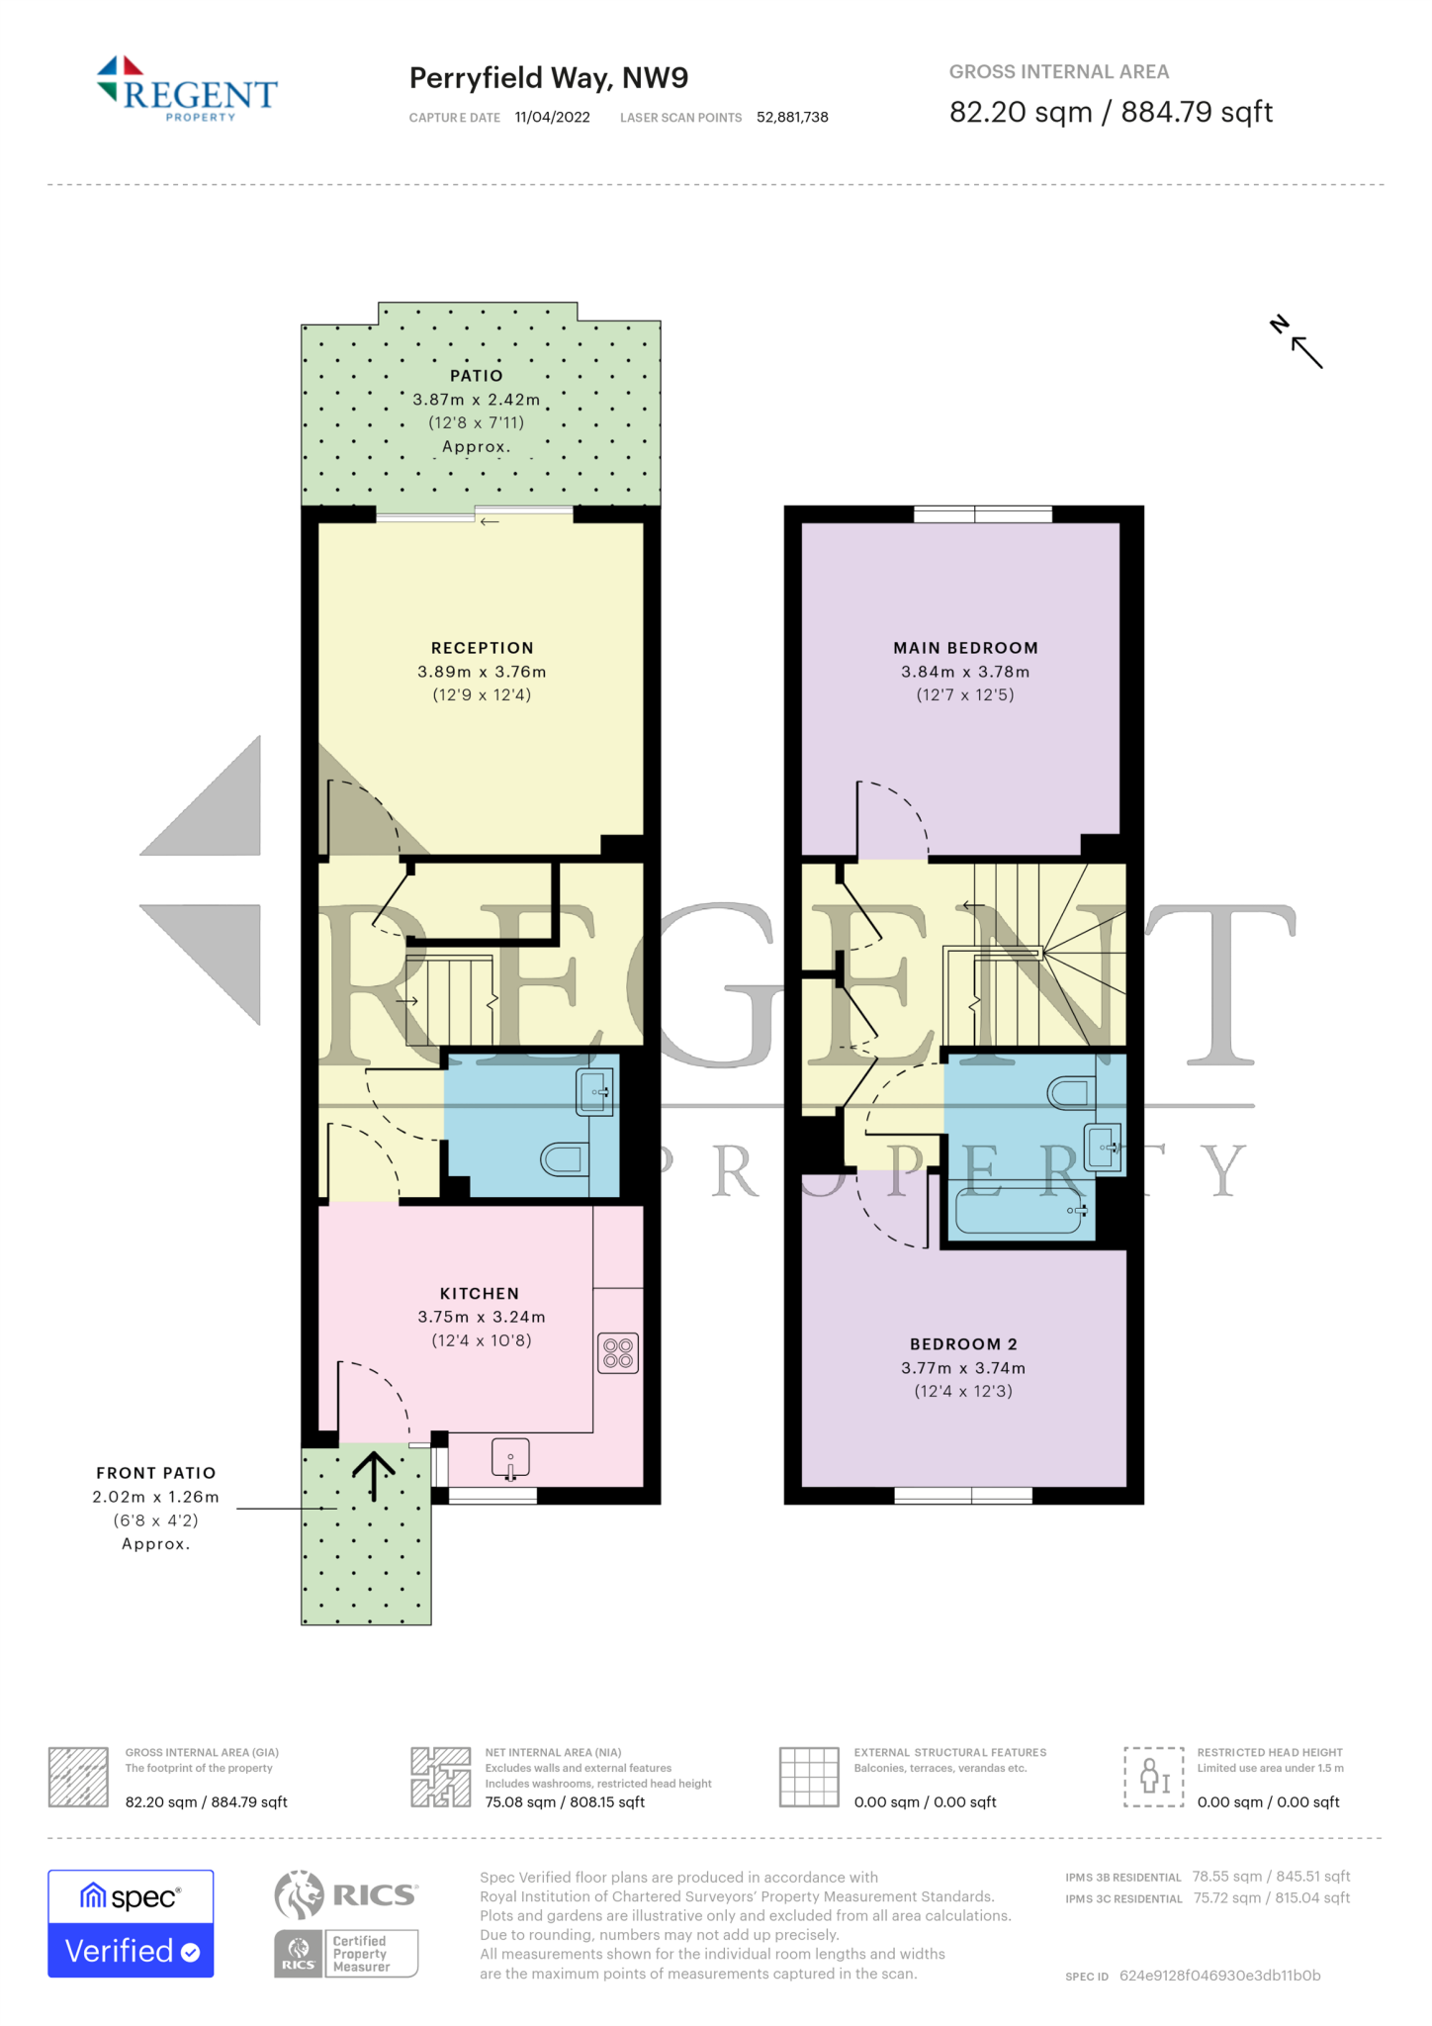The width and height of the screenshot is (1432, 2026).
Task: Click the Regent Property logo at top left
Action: (187, 90)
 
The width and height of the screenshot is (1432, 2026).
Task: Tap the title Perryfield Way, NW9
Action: (548, 78)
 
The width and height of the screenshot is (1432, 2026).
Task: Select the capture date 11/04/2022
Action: (552, 118)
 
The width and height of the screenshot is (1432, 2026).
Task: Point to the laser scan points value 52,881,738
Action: (792, 118)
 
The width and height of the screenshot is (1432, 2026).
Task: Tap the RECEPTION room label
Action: (482, 648)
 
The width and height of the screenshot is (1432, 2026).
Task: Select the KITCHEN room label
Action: (480, 1294)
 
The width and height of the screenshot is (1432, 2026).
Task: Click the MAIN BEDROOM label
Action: (965, 648)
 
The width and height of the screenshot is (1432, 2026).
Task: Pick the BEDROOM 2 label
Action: (963, 1344)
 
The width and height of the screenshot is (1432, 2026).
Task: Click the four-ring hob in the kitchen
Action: (618, 1353)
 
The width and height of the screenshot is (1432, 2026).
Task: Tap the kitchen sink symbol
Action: (510, 1458)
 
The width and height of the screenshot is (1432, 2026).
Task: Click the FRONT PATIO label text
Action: (156, 1473)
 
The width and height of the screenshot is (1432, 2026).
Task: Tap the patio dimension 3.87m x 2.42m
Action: (477, 400)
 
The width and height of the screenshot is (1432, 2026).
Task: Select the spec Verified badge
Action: (131, 1923)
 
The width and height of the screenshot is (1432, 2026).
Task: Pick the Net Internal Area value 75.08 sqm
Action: (520, 1802)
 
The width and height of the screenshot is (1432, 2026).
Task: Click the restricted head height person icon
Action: (1153, 1777)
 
